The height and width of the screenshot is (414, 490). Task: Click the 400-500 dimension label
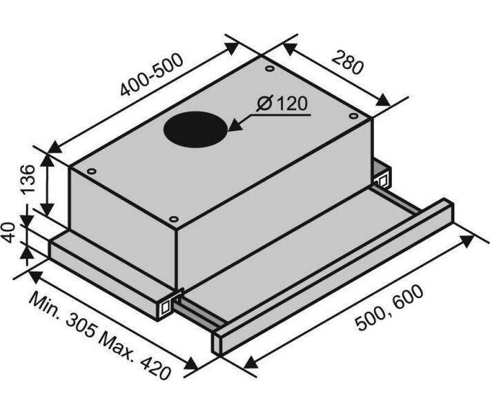point(152,75)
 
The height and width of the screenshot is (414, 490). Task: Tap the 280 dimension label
point(348,63)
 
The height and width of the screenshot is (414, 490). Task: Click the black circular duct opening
point(195,129)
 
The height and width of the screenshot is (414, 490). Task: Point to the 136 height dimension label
point(28,179)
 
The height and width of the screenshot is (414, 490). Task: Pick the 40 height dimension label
point(10,233)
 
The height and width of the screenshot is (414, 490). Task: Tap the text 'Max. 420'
point(135,355)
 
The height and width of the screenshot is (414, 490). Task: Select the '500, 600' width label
point(390,308)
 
